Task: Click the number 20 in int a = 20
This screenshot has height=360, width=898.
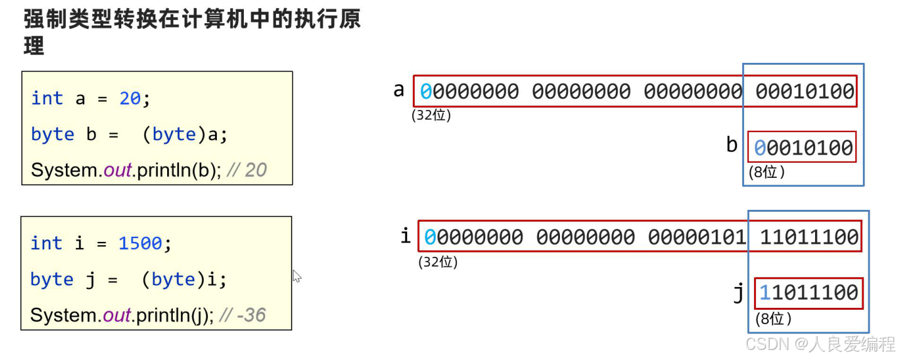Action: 130,99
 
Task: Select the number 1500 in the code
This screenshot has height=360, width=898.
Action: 141,244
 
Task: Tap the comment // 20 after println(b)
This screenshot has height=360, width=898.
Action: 246,170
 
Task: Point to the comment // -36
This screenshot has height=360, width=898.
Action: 243,315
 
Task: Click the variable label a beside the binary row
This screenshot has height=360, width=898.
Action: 398,90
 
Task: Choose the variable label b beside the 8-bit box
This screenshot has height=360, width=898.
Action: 731,145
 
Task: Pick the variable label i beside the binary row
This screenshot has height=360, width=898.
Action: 405,236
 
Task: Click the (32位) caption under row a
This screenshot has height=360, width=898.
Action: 431,116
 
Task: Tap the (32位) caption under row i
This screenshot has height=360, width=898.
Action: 438,262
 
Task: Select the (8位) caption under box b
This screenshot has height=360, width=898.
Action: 767,172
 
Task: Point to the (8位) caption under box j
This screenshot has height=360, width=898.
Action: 773,319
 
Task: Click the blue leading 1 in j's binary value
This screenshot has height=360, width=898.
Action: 765,292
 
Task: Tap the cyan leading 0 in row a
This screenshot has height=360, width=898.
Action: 425,92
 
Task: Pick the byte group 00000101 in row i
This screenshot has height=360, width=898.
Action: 697,237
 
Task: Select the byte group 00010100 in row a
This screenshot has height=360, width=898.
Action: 805,92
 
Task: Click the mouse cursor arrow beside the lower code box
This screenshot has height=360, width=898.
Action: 297,276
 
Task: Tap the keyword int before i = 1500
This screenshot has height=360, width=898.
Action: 47,244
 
